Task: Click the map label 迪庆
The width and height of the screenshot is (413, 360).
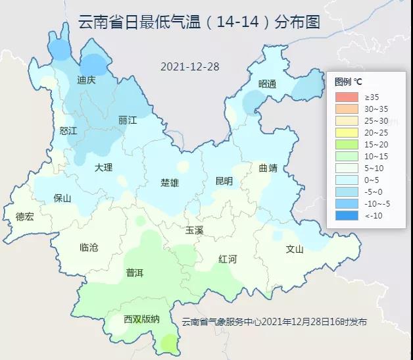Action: (x=86, y=80)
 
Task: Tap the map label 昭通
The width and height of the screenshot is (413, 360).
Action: (x=268, y=84)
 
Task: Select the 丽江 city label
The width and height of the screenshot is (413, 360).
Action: (x=128, y=120)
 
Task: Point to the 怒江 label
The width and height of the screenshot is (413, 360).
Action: (x=68, y=131)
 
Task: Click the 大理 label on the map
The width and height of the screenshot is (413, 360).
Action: (x=103, y=168)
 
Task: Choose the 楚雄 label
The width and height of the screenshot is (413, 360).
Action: (x=170, y=182)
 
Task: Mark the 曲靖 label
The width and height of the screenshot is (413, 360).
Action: (x=268, y=168)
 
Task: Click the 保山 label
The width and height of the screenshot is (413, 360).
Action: (x=62, y=197)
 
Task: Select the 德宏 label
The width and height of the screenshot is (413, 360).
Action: (x=24, y=217)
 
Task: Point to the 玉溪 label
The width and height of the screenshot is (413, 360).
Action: (x=195, y=230)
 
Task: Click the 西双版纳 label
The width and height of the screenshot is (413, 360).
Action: (x=141, y=319)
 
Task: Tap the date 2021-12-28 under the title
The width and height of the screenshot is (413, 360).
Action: (x=190, y=67)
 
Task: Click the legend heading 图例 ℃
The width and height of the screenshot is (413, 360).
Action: (x=349, y=82)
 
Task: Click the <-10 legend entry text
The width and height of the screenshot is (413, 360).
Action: (x=372, y=215)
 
